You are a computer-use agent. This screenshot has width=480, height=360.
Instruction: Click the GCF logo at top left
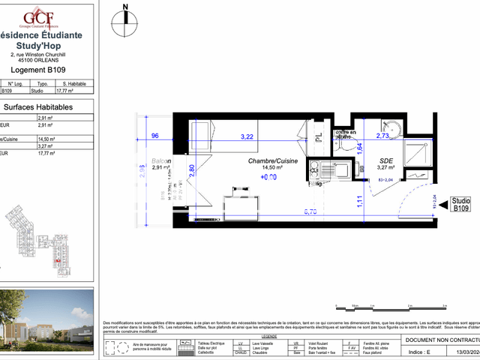pos(37,16)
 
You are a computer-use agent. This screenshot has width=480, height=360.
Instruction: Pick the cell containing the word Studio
pos(37,91)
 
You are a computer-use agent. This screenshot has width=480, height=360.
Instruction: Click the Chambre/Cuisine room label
pos(273,161)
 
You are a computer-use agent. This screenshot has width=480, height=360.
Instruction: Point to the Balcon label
pos(161,161)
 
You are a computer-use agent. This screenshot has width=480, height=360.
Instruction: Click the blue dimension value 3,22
pos(247,137)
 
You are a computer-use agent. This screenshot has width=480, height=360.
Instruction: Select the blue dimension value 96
pos(155,136)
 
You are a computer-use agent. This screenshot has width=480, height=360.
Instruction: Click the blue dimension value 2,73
pos(382,136)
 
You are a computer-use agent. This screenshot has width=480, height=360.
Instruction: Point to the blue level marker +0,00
pos(268,178)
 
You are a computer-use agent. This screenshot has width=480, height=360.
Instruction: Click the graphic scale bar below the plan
pos(375,305)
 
